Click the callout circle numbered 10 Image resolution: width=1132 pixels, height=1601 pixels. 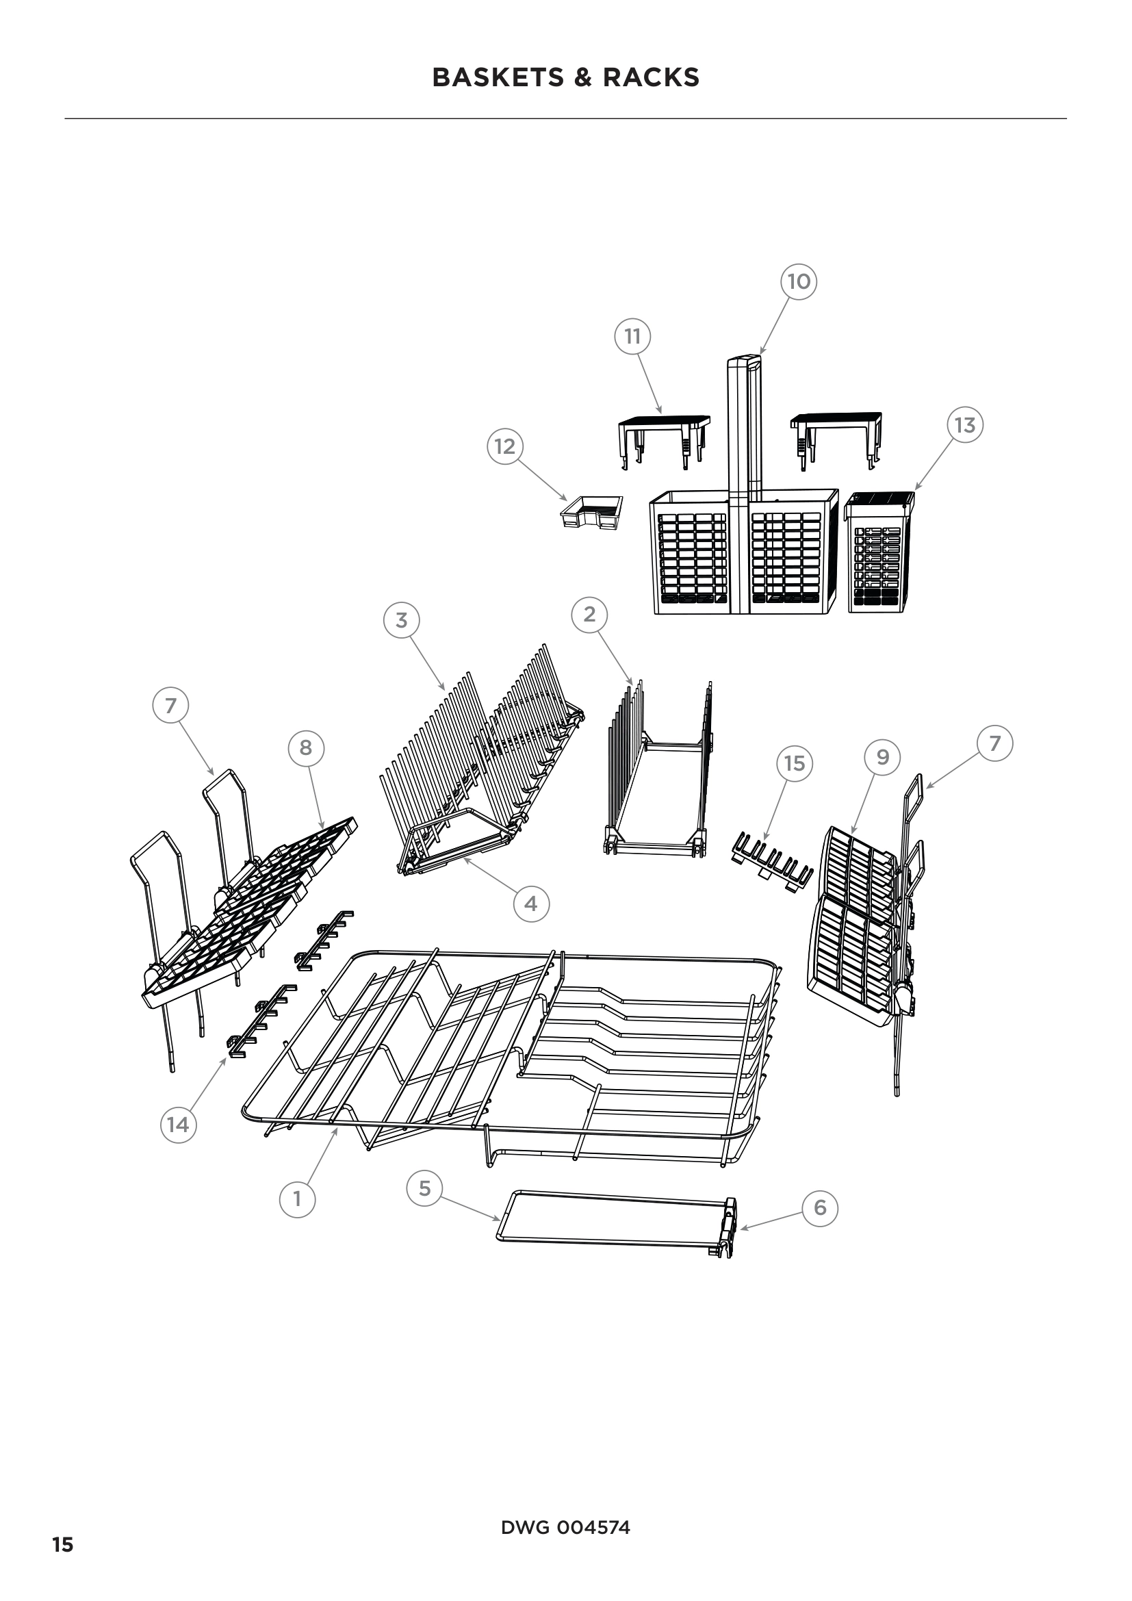tap(798, 282)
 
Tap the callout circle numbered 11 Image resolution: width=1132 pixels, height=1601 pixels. tap(632, 337)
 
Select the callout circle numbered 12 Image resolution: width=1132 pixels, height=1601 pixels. tap(504, 446)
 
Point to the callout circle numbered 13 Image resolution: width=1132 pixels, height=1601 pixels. tap(965, 424)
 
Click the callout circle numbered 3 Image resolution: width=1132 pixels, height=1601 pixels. tap(402, 620)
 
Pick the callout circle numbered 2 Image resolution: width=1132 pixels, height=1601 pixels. tap(590, 614)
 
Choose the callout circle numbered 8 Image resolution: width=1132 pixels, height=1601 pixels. tap(305, 748)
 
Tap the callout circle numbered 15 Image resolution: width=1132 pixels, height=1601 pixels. tap(795, 764)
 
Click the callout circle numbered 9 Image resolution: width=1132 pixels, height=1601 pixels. tap(882, 756)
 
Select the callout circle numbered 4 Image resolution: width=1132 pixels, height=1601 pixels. tap(531, 904)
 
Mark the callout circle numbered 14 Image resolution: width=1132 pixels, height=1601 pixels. tap(178, 1124)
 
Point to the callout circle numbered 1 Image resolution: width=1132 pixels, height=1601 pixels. tap(297, 1199)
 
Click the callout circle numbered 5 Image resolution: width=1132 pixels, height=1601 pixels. tap(424, 1188)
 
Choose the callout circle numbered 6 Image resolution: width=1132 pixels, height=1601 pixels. tap(820, 1207)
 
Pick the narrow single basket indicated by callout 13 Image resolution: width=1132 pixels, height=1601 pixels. tap(879, 552)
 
